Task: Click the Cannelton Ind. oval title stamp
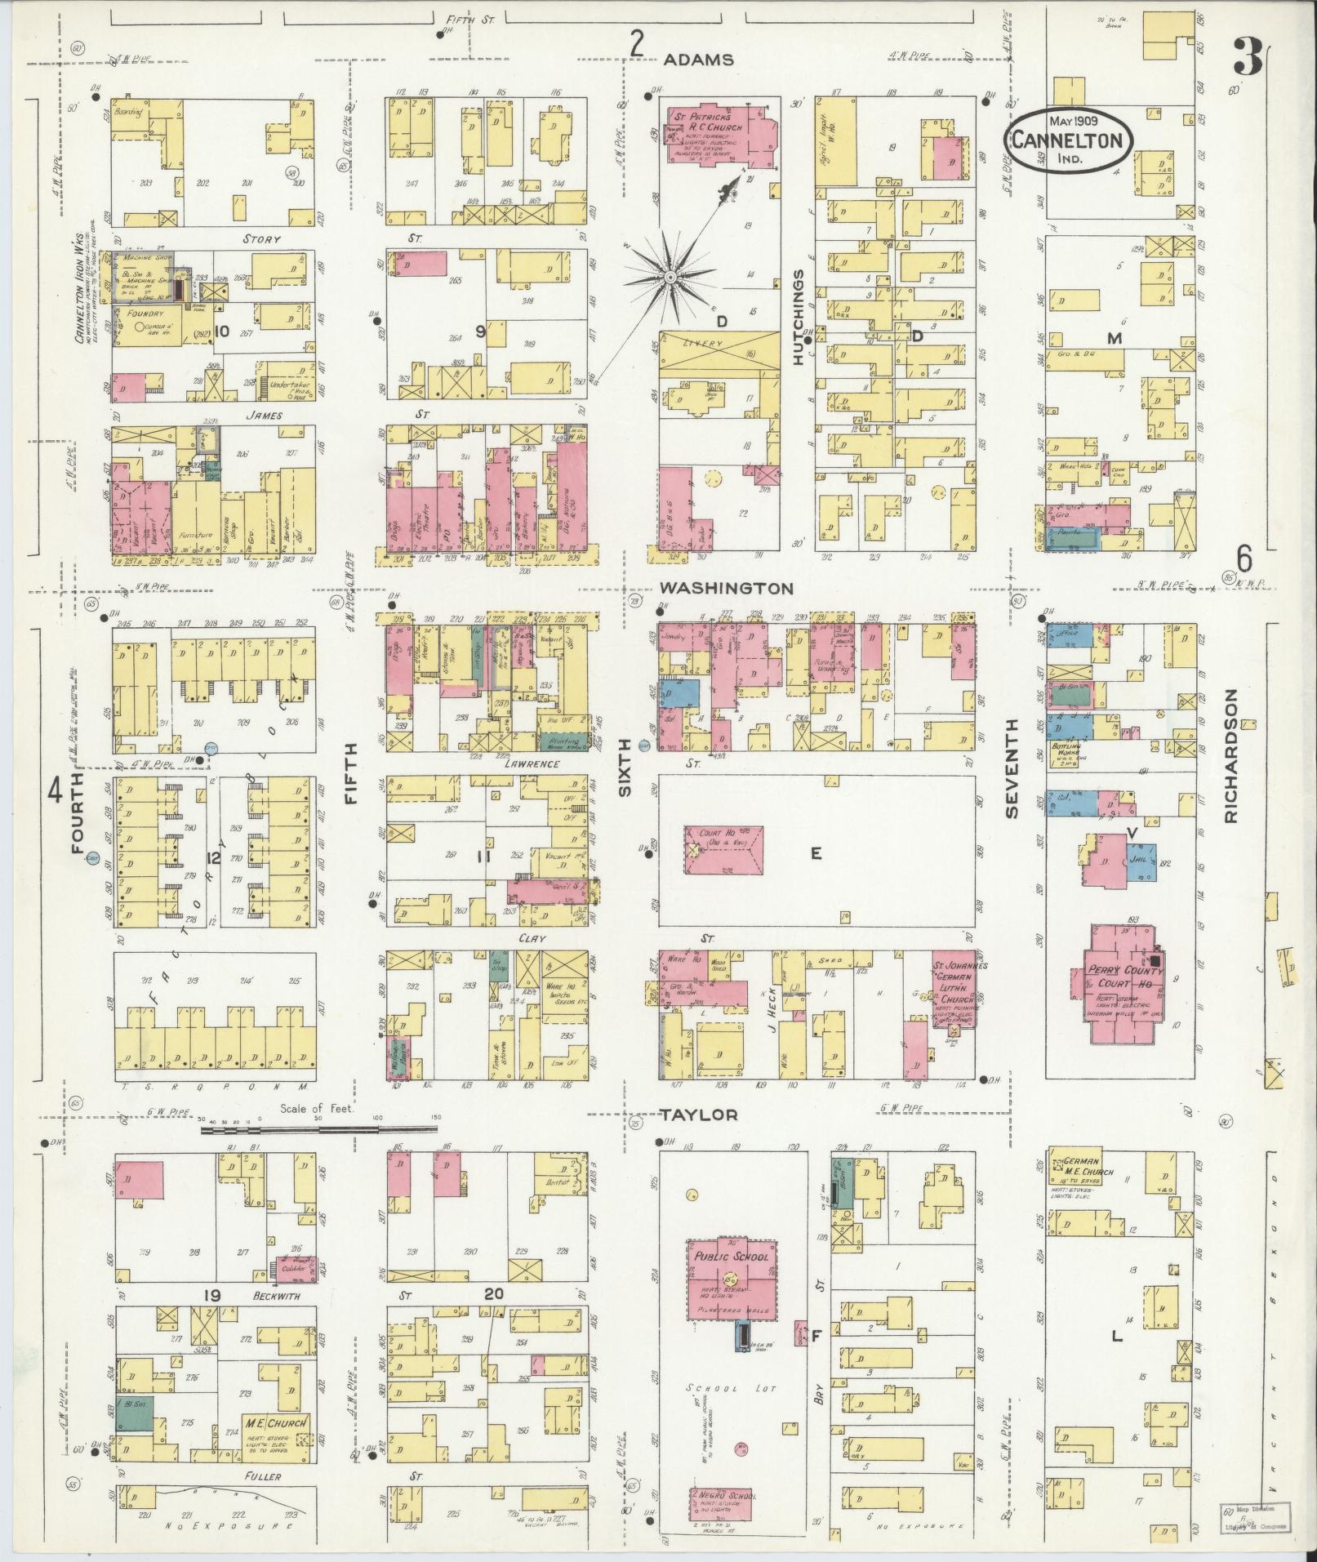coord(1067,140)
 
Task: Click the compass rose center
coord(670,278)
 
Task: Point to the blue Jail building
coord(1141,861)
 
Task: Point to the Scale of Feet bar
coord(318,1130)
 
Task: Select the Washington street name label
coord(727,588)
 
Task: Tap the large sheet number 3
coord(1245,57)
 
